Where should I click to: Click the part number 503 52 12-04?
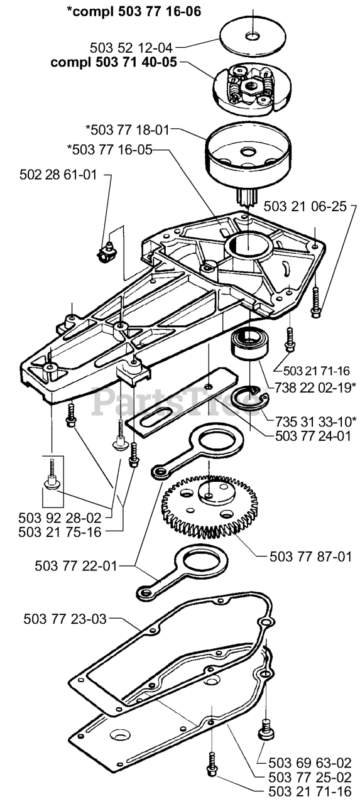(x=131, y=48)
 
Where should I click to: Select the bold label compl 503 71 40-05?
(x=114, y=62)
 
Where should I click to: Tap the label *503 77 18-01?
(x=128, y=130)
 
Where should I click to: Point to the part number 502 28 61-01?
(x=58, y=175)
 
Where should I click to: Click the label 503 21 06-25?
(x=305, y=207)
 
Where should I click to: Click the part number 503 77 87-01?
(x=310, y=557)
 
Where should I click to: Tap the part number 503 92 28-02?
(x=60, y=518)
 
